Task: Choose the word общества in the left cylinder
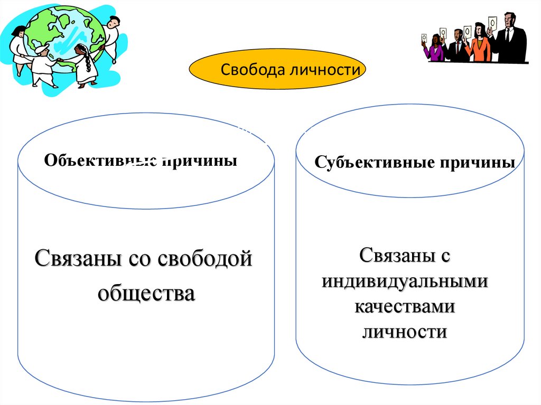pos(146,293)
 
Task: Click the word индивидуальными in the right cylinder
pos(405,281)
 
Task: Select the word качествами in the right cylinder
pos(405,306)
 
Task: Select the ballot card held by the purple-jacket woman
pos(424,38)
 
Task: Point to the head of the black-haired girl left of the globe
pos(20,31)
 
